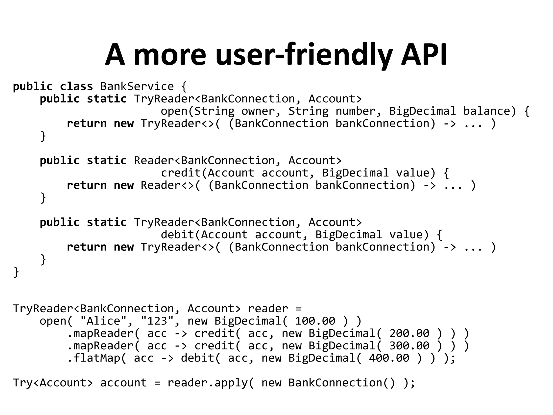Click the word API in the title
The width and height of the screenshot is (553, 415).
click(x=424, y=55)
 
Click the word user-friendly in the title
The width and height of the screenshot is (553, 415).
click(x=304, y=55)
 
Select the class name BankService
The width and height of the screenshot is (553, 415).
click(x=137, y=86)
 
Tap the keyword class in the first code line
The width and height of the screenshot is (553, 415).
click(x=76, y=86)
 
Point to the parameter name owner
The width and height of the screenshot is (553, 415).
click(x=258, y=111)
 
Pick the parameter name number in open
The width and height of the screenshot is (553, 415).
click(x=355, y=111)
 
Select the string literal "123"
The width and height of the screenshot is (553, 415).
click(x=157, y=321)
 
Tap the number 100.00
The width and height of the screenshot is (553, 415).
click(x=315, y=321)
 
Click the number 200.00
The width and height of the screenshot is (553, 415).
click(x=409, y=333)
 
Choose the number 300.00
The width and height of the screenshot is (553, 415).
click(x=409, y=346)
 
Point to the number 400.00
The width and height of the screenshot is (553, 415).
click(x=389, y=358)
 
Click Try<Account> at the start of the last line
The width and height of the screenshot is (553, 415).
click(x=53, y=383)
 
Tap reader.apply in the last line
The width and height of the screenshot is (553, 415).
click(x=207, y=383)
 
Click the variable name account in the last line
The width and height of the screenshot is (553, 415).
click(x=124, y=383)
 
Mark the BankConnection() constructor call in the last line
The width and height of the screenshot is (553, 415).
click(x=342, y=383)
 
